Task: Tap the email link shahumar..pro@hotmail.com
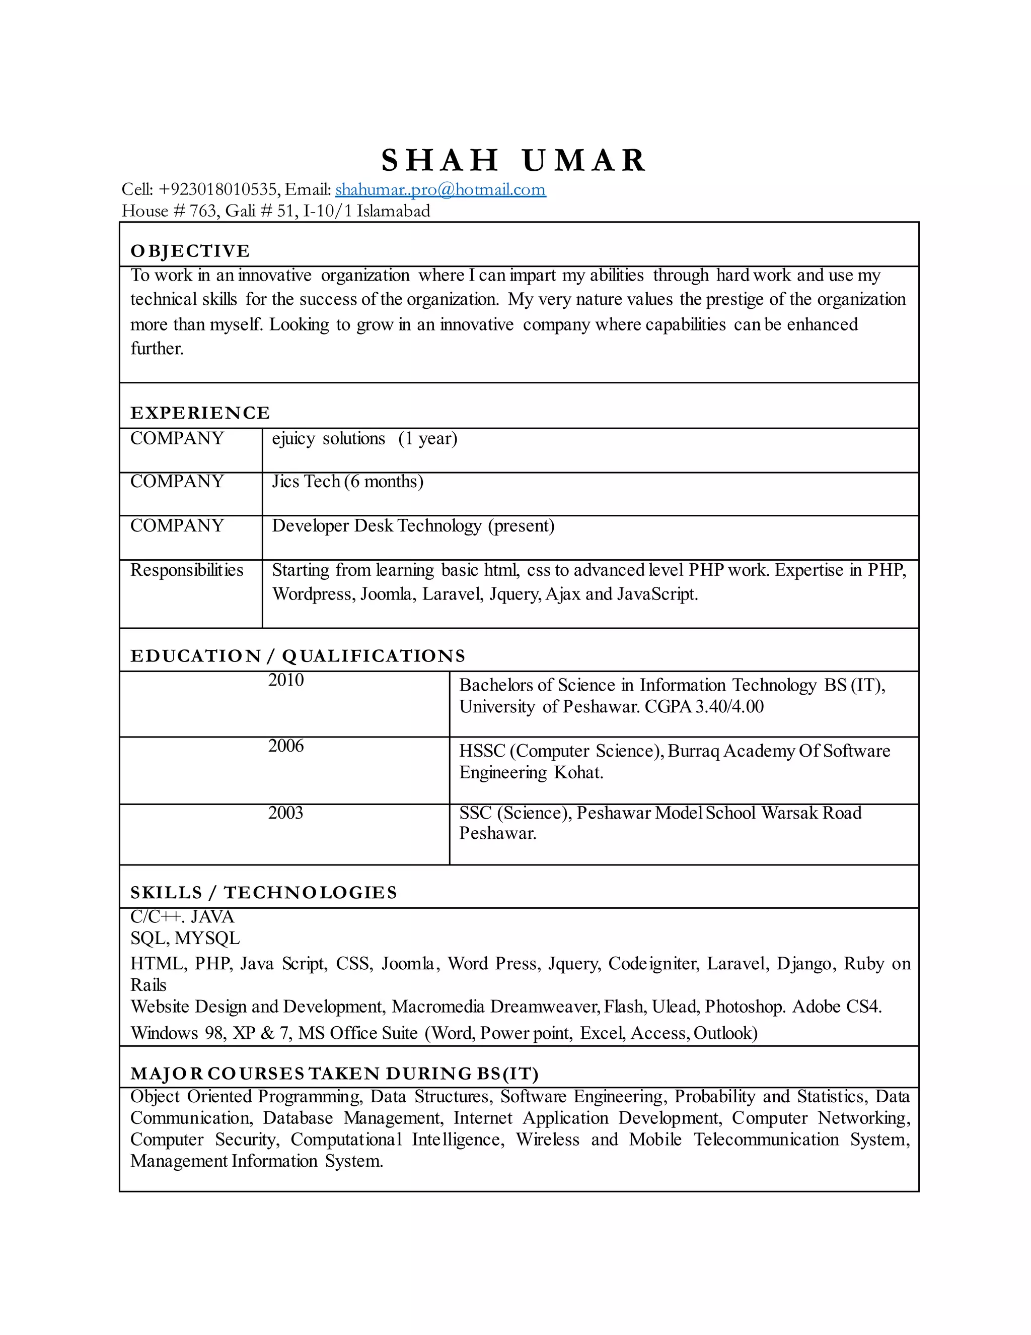[440, 189]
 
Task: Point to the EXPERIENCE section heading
[200, 413]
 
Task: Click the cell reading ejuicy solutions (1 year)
[364, 438]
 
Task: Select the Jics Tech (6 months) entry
[347, 482]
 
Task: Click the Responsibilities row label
[187, 570]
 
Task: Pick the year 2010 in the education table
[286, 680]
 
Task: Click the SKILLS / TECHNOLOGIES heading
[264, 893]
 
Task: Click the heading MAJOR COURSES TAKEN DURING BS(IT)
[334, 1074]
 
